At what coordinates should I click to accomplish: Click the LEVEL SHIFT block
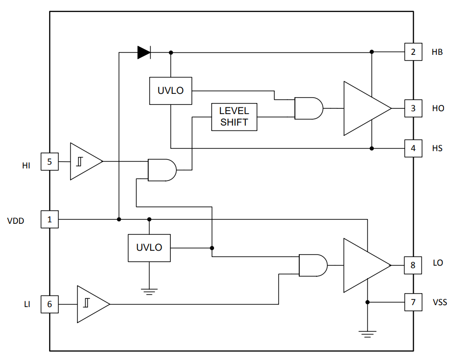pos(234,117)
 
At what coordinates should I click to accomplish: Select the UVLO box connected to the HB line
pos(171,91)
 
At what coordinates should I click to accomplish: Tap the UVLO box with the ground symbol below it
pos(149,248)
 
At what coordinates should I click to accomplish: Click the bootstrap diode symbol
pos(144,52)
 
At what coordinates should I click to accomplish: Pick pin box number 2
pos(413,52)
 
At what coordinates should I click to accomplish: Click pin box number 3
pos(413,108)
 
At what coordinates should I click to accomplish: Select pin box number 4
pos(413,148)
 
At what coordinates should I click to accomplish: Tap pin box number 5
pos(50,162)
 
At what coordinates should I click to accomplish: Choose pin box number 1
pos(50,219)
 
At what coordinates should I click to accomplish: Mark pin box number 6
pos(50,304)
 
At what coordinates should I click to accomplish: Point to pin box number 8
pos(413,265)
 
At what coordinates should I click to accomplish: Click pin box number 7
pos(413,302)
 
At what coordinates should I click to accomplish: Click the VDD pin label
pos(15,221)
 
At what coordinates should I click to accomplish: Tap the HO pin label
pos(438,108)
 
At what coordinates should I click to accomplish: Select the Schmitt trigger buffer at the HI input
pos(87,161)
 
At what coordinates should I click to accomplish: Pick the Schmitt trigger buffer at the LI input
pos(93,304)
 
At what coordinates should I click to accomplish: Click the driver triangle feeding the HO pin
pos(368,108)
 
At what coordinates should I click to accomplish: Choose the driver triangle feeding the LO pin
pos(368,265)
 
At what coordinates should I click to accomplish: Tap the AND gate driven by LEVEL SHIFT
pos(309,108)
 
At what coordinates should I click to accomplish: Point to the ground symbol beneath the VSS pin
pos(368,334)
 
